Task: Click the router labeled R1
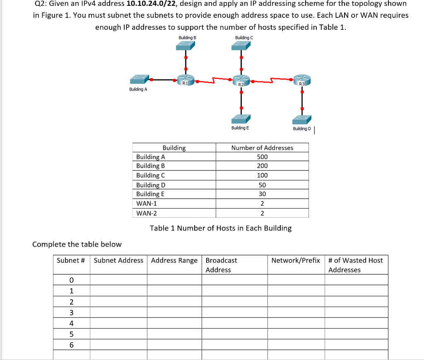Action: click(185, 80)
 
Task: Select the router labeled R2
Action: click(241, 80)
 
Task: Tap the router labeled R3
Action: click(302, 80)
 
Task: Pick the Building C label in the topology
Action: click(244, 38)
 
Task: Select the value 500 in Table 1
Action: click(262, 157)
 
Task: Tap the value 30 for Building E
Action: click(262, 194)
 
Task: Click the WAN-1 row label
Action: click(147, 204)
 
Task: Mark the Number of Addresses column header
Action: click(262, 148)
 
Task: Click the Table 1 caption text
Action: click(220, 228)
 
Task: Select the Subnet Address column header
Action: click(118, 260)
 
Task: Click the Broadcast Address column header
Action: click(222, 265)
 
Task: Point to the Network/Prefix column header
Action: click(296, 260)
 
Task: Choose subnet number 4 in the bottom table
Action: click(71, 323)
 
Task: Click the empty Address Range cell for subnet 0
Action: click(174, 280)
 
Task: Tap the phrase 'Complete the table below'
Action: click(77, 244)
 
